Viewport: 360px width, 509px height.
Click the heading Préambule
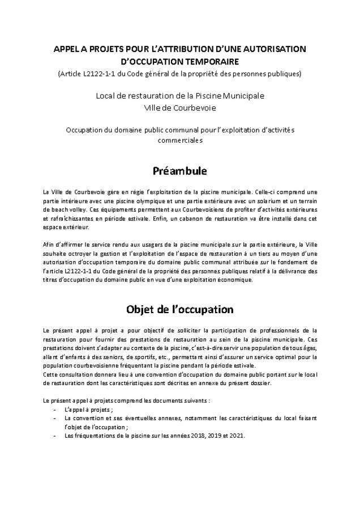pyautogui.click(x=179, y=170)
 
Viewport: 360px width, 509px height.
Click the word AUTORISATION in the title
pyautogui.click(x=271, y=49)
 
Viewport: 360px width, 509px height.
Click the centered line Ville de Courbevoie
pyautogui.click(x=179, y=107)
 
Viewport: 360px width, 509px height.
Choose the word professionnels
pyautogui.click(x=283, y=330)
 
